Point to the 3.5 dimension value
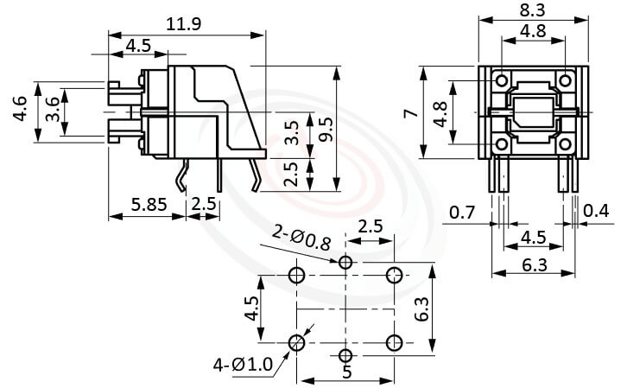292,131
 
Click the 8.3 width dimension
533,11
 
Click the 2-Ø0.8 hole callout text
301,238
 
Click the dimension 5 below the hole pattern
346,373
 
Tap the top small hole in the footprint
345,262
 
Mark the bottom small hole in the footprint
345,356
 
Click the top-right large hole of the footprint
395,276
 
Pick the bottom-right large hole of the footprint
395,340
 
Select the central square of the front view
532,112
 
